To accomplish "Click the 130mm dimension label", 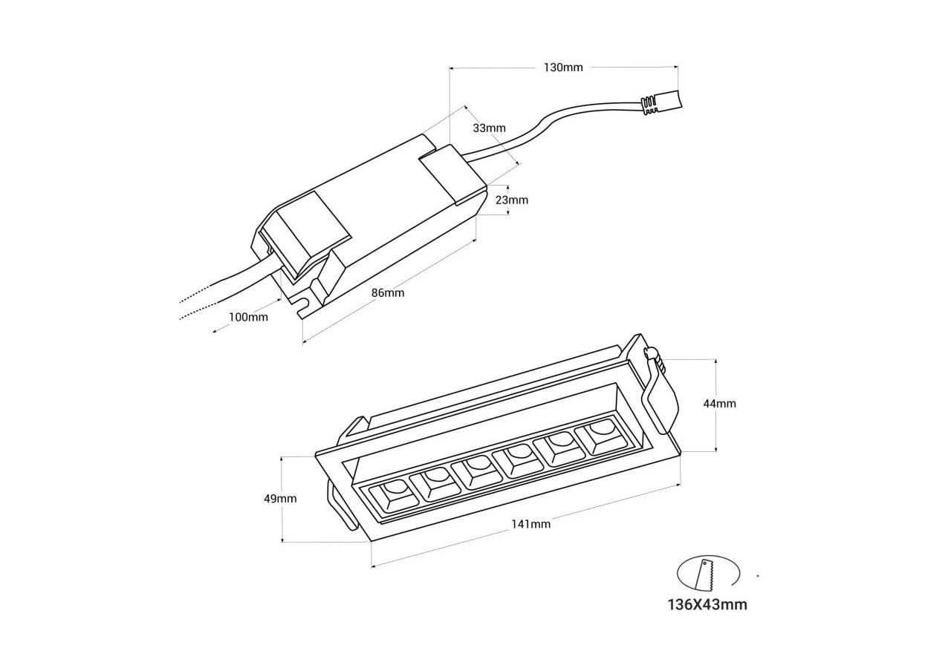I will click(563, 68).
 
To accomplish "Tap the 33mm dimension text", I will click(489, 128).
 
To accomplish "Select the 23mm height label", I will click(512, 200).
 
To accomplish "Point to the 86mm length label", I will click(388, 292).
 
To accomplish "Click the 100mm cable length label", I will click(248, 317).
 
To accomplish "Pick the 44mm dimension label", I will click(719, 404).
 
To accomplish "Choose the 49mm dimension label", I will click(280, 499).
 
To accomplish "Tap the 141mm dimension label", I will click(530, 524).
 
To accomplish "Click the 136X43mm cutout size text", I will click(707, 604).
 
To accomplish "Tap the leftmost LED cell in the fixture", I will click(395, 496).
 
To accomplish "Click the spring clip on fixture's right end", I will click(660, 393).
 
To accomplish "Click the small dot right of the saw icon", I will click(757, 575).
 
